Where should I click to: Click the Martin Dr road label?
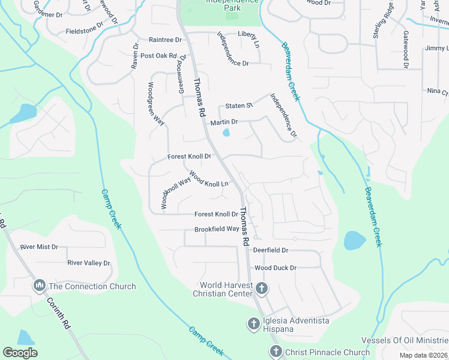(x=224, y=122)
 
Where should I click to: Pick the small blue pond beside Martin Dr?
(x=226, y=133)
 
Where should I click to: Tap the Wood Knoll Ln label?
(x=209, y=179)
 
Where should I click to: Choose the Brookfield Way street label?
(x=216, y=229)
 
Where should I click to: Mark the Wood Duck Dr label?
(x=276, y=268)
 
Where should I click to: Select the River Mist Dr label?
(x=39, y=247)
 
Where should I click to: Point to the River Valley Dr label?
(x=89, y=263)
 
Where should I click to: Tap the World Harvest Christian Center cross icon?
(x=261, y=289)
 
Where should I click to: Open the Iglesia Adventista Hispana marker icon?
(x=253, y=325)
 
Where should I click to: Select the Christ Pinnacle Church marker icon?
(x=276, y=351)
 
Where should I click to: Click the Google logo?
(x=20, y=353)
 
